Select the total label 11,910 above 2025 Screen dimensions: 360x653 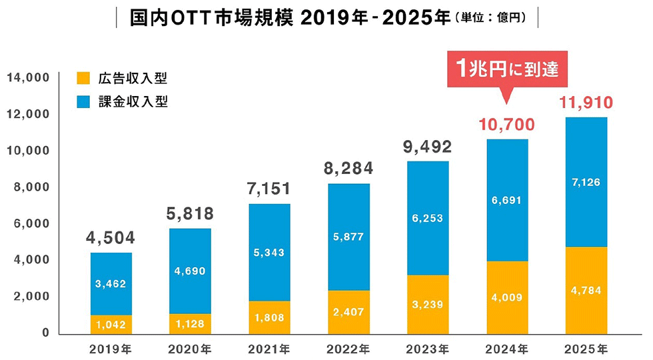pyautogui.click(x=586, y=103)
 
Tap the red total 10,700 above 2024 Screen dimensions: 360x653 pyautogui.click(x=507, y=125)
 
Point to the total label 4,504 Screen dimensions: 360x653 pyautogui.click(x=111, y=238)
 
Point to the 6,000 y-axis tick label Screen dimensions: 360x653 pyautogui.click(x=31, y=223)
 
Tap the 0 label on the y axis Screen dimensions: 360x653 pyautogui.click(x=46, y=333)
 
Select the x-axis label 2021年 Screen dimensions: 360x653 pyautogui.click(x=270, y=348)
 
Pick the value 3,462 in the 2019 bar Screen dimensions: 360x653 pyautogui.click(x=111, y=284)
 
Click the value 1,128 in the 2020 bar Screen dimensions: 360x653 pyautogui.click(x=191, y=324)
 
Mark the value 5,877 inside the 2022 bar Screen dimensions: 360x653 pyautogui.click(x=348, y=237)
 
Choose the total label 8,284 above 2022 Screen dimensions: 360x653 pyautogui.click(x=348, y=168)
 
